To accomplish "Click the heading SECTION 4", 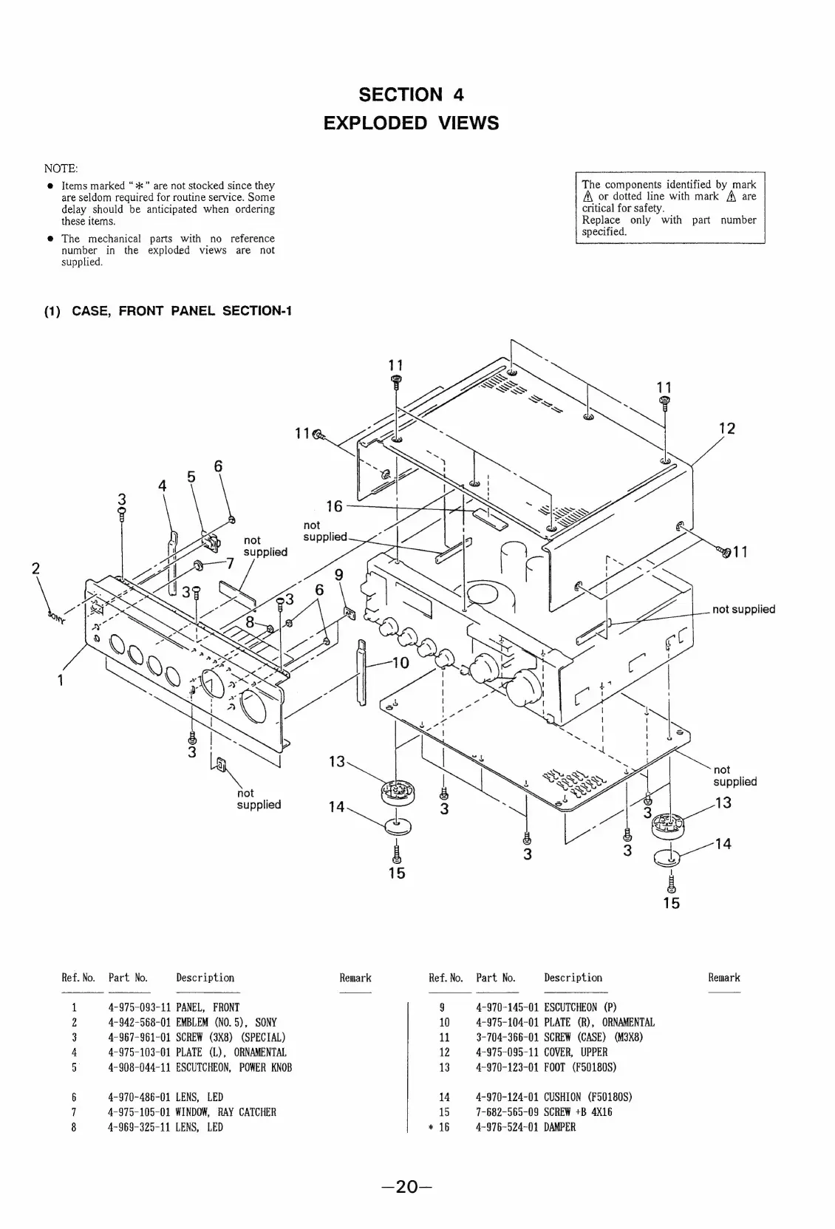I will tap(411, 95).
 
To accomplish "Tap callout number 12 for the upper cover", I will tap(727, 429).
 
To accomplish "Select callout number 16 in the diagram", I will tap(334, 506).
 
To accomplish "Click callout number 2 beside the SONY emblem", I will tap(35, 568).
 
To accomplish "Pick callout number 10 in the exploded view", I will tap(400, 662).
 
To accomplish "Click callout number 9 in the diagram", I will tap(338, 574).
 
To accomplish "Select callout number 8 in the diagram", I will tap(250, 622).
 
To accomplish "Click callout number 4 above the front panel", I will tap(163, 486).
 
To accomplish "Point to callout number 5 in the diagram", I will tap(191, 477).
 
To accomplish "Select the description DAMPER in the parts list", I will tap(559, 1127).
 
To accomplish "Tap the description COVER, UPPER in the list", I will tap(576, 1052).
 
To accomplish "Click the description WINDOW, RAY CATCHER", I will tap(225, 1112).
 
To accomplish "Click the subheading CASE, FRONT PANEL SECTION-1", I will tap(181, 310).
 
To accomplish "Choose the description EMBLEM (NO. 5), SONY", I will tap(225, 1023).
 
